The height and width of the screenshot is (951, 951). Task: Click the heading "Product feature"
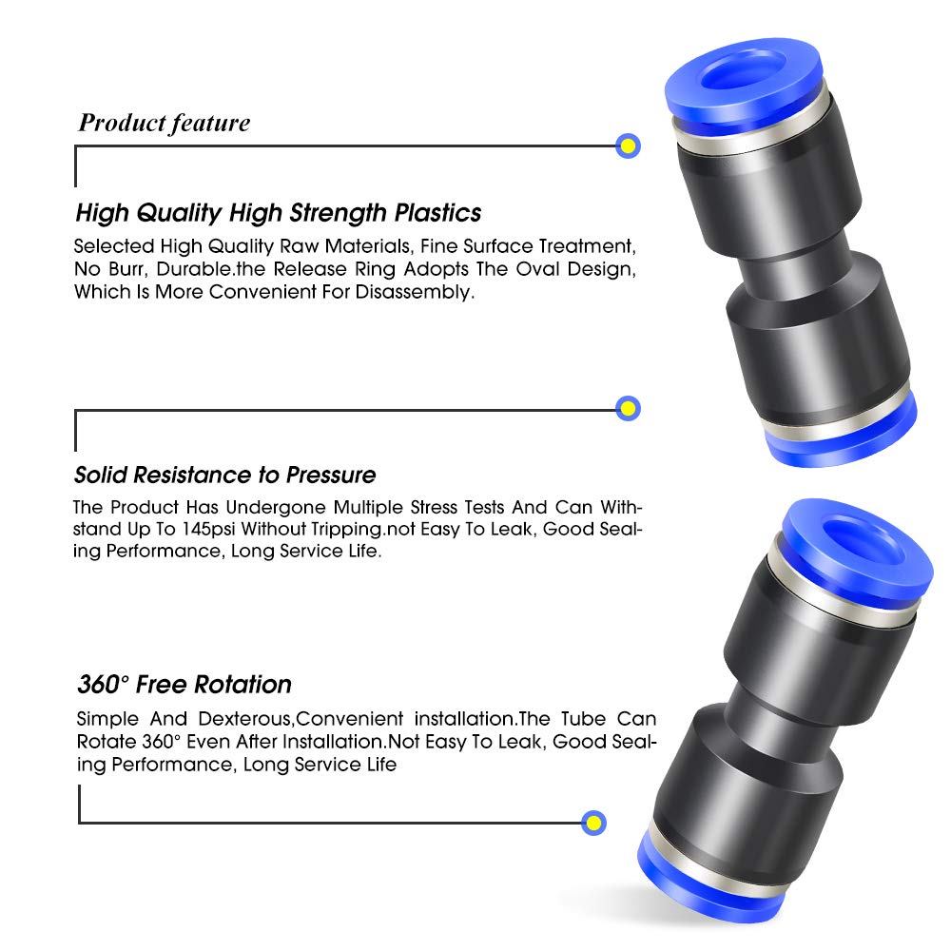click(164, 123)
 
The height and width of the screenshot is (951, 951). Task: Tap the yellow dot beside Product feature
click(627, 146)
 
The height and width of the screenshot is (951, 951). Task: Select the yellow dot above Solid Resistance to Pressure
click(627, 409)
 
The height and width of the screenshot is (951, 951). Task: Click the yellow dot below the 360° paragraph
click(593, 823)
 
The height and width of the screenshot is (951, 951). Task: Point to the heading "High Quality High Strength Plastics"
click(278, 212)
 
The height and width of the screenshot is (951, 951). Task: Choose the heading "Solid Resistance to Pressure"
click(224, 475)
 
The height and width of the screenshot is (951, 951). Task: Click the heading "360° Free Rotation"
click(184, 684)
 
